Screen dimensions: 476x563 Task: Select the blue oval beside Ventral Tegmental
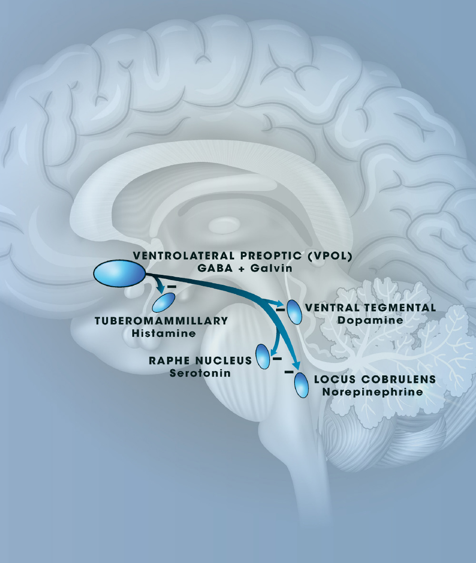[x=294, y=312]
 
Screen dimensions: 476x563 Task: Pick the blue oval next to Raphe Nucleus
[x=263, y=356]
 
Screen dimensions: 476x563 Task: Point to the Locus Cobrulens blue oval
[x=301, y=385]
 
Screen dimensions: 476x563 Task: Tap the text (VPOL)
[x=329, y=256]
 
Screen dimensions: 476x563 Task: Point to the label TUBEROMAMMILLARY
[x=161, y=321]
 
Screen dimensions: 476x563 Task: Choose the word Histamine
[x=164, y=333]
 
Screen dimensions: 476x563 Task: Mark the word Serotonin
[x=200, y=373]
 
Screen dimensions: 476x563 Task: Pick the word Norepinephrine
[x=372, y=392]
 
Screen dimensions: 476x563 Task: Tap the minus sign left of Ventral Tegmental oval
[x=280, y=310]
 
